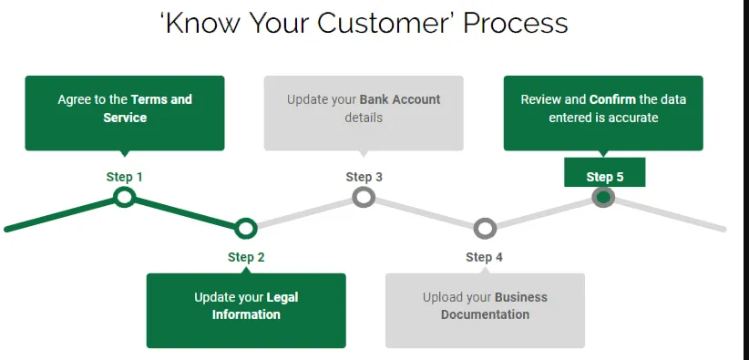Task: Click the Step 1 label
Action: coord(124,177)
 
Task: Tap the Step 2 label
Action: coord(246,257)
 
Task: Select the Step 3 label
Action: coord(364,177)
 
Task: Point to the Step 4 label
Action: coord(485,257)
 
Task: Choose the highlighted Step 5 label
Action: coord(605,177)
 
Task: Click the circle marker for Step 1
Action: coord(124,197)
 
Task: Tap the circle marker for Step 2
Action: coord(245,229)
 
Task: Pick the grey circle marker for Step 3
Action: coord(364,197)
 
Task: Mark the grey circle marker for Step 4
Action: coord(485,229)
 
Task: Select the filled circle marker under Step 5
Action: coord(603,197)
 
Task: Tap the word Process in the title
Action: coord(516,23)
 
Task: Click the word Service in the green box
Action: coord(125,118)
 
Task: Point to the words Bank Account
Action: coord(400,99)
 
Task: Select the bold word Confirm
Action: coord(613,99)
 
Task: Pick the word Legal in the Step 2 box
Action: coord(282,297)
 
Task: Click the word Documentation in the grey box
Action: coord(485,314)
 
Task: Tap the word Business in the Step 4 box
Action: coord(521,297)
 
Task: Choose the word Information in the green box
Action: coord(246,314)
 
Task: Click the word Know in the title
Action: coord(202,23)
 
